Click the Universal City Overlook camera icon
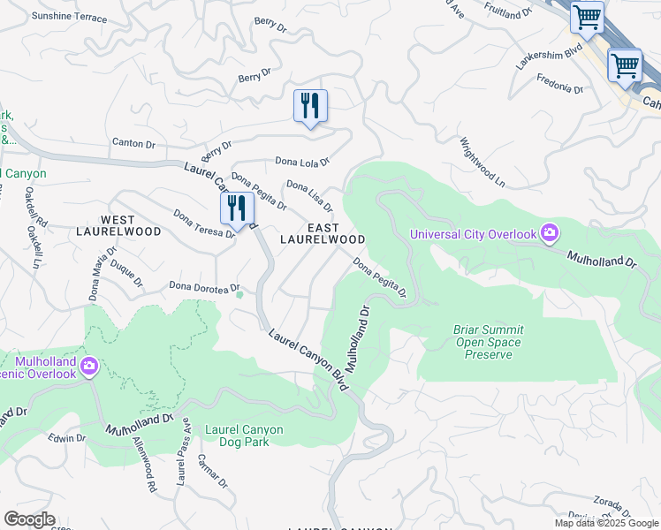[550, 234]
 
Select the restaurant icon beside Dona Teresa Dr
[237, 208]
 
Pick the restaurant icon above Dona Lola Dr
[310, 106]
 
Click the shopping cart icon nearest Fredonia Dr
[625, 65]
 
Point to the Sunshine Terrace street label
[69, 18]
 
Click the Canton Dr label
[133, 143]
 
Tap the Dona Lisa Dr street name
[308, 196]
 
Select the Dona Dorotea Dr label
[205, 287]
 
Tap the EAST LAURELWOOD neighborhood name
[323, 234]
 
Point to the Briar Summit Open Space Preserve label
[488, 343]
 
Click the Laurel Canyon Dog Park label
[244, 436]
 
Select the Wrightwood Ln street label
[482, 162]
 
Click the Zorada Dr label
[609, 501]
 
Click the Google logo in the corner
[29, 519]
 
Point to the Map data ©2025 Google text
[605, 523]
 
